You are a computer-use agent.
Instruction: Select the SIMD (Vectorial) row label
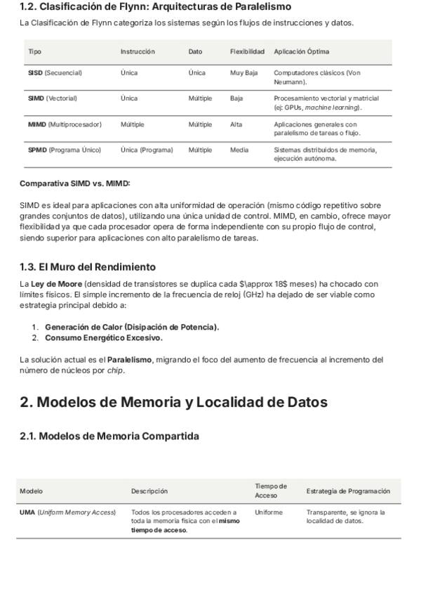point(53,98)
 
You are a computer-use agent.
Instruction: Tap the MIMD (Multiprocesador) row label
point(65,124)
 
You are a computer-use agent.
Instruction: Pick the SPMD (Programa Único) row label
point(65,150)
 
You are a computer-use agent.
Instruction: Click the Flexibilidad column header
point(247,51)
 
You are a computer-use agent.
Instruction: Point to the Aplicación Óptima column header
point(301,51)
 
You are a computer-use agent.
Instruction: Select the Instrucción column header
point(138,51)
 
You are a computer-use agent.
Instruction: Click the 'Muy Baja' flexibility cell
point(244,73)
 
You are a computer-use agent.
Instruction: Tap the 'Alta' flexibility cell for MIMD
point(236,124)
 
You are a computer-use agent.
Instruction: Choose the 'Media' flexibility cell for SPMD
point(239,150)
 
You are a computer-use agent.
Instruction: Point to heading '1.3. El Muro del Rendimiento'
point(88,267)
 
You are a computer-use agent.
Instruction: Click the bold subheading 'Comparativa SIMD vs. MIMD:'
point(75,183)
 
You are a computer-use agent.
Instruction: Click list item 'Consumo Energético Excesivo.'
point(104,337)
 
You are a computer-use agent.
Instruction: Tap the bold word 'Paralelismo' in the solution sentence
point(129,360)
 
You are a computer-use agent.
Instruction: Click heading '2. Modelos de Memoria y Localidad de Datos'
point(173,402)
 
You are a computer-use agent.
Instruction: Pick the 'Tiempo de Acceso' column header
point(271,491)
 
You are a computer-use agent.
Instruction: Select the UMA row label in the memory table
point(67,512)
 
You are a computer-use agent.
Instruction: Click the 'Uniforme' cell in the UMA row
point(268,512)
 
